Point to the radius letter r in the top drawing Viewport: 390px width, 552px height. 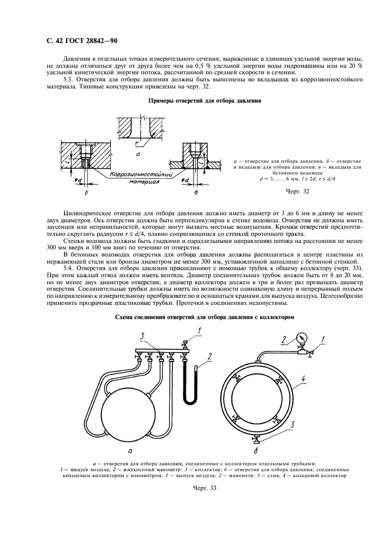[x=136, y=143]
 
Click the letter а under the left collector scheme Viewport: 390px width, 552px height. [x=129, y=449]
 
